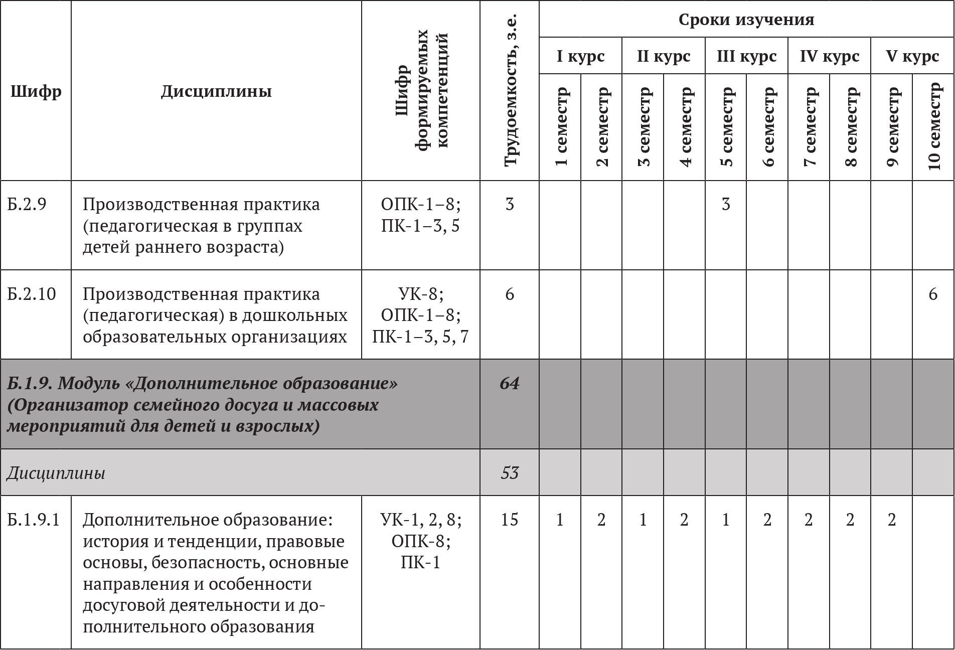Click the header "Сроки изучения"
click(x=746, y=20)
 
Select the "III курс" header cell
click(x=746, y=56)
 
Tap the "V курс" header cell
click(x=912, y=56)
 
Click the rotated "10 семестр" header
click(x=933, y=127)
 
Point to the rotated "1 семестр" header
click(x=560, y=127)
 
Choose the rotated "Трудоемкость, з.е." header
click(x=510, y=90)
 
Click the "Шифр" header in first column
click(x=36, y=91)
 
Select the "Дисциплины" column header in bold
click(x=216, y=91)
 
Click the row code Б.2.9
click(x=27, y=204)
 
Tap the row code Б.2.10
click(x=32, y=294)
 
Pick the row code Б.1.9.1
click(x=34, y=520)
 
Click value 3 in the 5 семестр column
click(x=725, y=204)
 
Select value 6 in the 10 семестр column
click(x=932, y=294)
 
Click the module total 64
click(x=509, y=383)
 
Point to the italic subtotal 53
click(x=509, y=473)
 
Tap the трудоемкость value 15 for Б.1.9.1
click(x=509, y=520)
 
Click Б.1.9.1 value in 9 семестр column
click(x=891, y=520)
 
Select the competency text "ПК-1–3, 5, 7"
click(x=420, y=336)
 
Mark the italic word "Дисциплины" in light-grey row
click(x=56, y=473)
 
